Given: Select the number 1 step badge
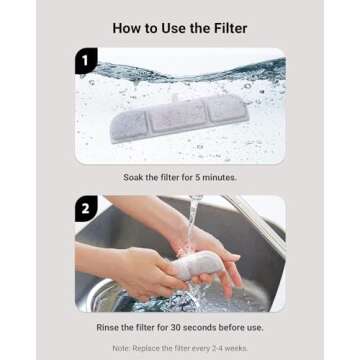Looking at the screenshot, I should point(86,62).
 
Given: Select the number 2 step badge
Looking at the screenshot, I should point(86,208).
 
